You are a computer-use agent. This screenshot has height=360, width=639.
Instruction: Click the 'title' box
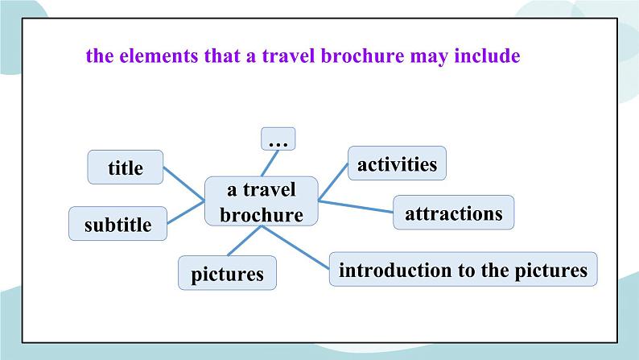[125, 168]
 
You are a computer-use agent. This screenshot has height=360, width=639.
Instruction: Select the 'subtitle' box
[117, 225]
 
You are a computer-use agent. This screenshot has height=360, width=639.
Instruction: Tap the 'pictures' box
[227, 273]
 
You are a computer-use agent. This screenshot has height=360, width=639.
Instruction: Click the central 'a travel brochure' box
[262, 202]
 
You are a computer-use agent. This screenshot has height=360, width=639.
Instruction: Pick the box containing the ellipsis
[278, 139]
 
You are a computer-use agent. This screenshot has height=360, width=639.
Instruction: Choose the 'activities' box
[397, 164]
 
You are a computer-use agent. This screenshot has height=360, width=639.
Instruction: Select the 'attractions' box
[453, 214]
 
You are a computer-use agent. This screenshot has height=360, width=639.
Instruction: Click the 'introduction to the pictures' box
[463, 270]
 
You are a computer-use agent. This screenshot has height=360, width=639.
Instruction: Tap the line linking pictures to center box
[244, 242]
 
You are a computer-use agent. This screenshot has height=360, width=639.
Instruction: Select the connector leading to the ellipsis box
[269, 163]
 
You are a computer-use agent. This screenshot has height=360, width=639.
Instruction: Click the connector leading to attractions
[356, 206]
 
